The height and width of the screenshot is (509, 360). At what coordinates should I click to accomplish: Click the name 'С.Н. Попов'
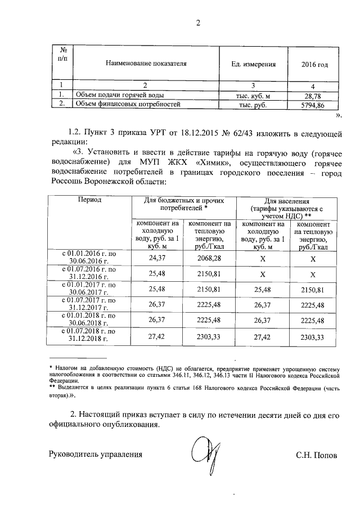point(316,455)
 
